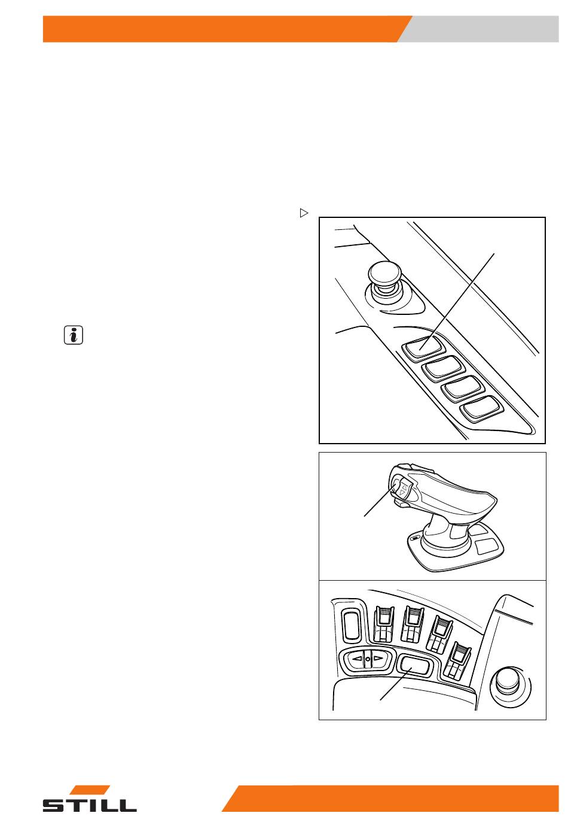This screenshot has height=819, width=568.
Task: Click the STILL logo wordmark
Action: pyautogui.click(x=90, y=805)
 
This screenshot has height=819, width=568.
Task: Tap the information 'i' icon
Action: pyautogui.click(x=74, y=335)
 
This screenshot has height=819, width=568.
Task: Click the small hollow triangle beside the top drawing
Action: pyautogui.click(x=304, y=213)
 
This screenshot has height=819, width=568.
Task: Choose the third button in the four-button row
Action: pyautogui.click(x=463, y=389)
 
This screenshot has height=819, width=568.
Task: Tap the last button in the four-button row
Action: pyautogui.click(x=481, y=408)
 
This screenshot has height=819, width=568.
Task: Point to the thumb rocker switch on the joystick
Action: pyautogui.click(x=401, y=490)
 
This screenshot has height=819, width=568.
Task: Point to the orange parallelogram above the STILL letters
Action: pyautogui.click(x=90, y=790)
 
